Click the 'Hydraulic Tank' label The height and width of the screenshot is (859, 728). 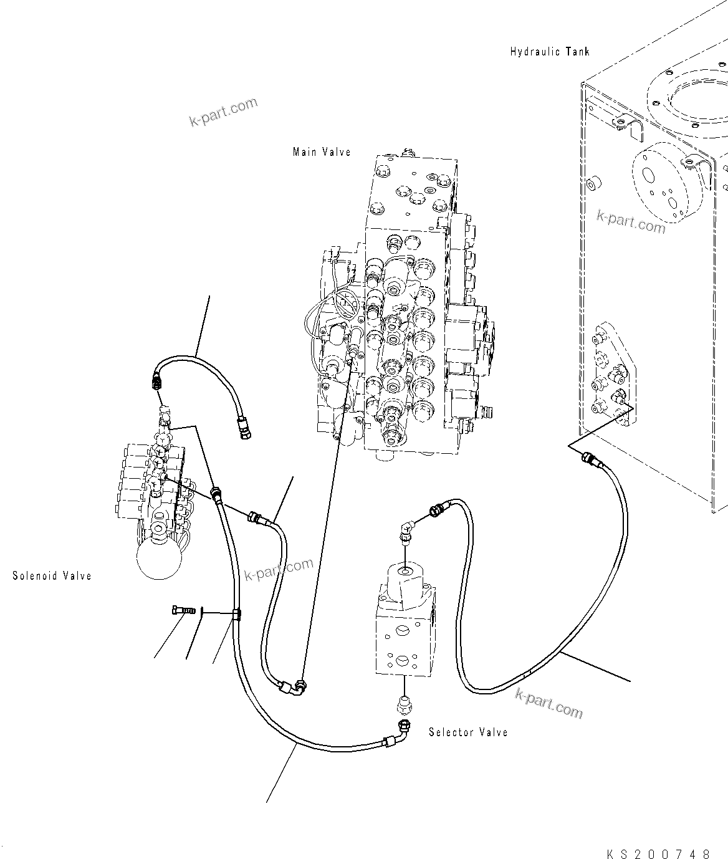click(x=550, y=52)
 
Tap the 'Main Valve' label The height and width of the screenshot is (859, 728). click(x=322, y=152)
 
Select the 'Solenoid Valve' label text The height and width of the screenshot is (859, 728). click(x=52, y=575)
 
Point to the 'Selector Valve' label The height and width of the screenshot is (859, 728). click(x=468, y=732)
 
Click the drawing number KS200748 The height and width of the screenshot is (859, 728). click(x=657, y=853)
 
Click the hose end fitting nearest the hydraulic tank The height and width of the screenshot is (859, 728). click(x=590, y=461)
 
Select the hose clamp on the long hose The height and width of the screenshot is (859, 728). click(x=236, y=616)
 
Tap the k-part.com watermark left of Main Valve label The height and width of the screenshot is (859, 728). click(x=223, y=112)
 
